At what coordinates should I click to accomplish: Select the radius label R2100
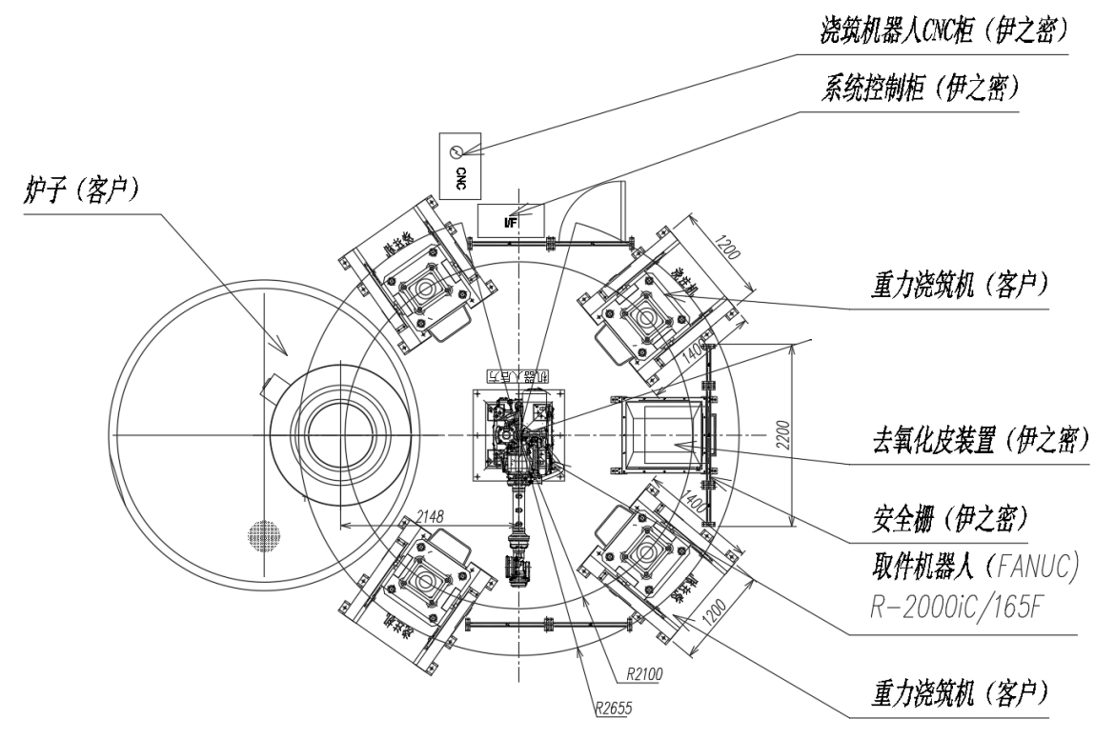[x=644, y=674]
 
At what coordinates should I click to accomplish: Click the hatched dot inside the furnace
[x=261, y=535]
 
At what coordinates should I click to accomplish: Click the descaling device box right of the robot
[x=663, y=435]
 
